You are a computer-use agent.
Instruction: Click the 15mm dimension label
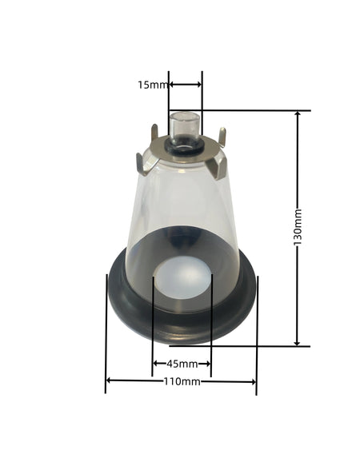click(x=152, y=84)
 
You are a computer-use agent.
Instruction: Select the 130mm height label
click(x=298, y=228)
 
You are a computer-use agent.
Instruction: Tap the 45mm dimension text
click(x=182, y=364)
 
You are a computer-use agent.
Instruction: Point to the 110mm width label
click(x=181, y=381)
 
